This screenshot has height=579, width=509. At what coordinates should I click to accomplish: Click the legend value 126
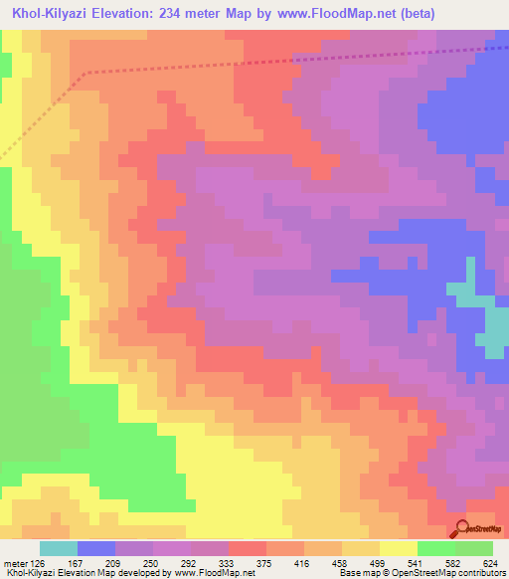coord(36,562)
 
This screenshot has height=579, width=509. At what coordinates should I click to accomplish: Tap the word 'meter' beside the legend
coord(13,562)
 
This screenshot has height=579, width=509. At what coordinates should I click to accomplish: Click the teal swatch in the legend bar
coord(59,548)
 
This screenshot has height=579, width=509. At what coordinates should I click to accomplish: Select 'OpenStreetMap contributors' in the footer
coord(458,574)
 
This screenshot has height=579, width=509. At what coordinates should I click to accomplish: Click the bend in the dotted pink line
coord(88,73)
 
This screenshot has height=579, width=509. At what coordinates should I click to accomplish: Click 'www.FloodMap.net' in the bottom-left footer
coord(214,574)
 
